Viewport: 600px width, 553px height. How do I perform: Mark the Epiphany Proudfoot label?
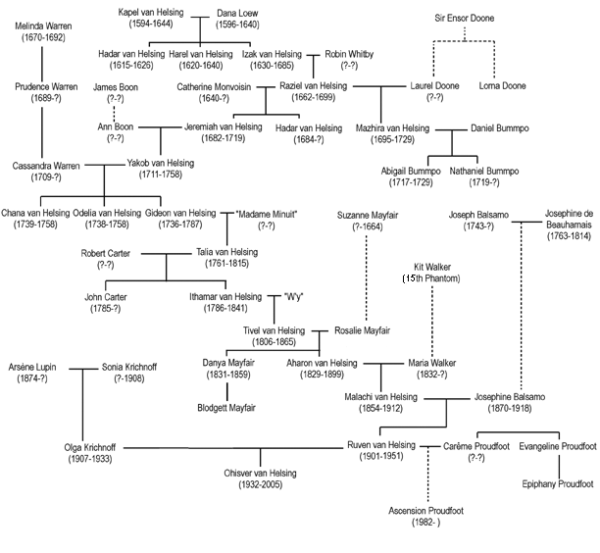click(x=557, y=483)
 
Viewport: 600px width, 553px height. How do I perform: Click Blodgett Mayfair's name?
click(x=226, y=407)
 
